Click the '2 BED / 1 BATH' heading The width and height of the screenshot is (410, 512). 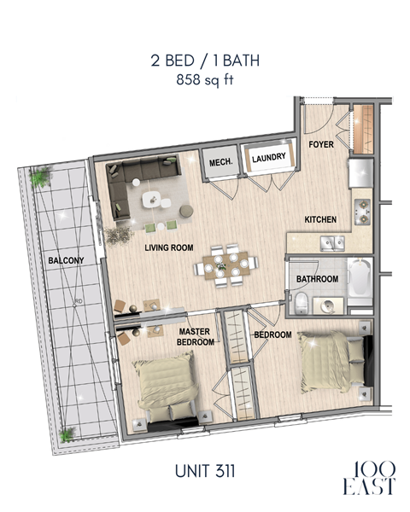click(x=204, y=61)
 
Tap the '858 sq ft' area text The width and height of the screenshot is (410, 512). click(x=204, y=81)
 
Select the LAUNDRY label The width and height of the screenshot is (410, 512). click(x=267, y=157)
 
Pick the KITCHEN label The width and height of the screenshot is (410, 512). click(x=320, y=220)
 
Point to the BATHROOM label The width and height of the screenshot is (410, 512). click(x=318, y=279)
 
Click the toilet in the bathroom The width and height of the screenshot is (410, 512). click(x=301, y=301)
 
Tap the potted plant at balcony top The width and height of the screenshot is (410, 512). click(x=39, y=177)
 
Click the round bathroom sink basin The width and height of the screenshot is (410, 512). click(x=328, y=304)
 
